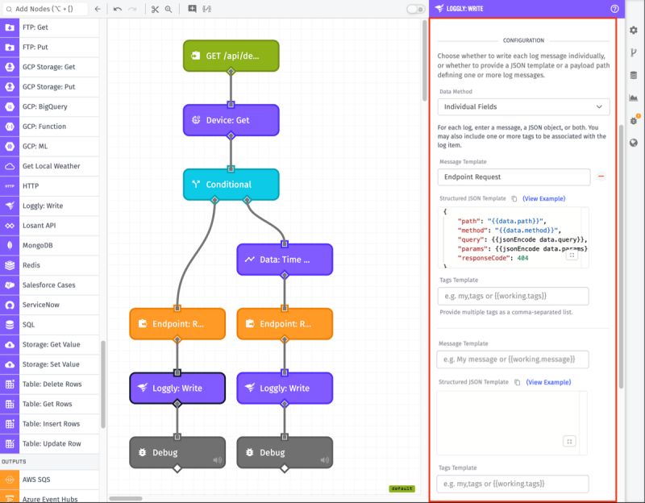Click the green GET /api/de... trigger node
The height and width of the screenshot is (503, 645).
(x=231, y=56)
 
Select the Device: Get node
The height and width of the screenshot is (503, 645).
(x=231, y=120)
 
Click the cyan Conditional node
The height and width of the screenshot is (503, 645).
(x=231, y=184)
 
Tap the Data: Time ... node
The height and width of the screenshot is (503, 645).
(x=284, y=260)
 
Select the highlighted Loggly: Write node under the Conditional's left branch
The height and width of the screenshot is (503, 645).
(x=177, y=388)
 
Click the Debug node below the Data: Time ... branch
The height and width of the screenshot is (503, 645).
(x=284, y=452)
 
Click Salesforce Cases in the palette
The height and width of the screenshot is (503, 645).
(x=50, y=285)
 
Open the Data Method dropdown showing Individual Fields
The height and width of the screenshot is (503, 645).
(x=523, y=106)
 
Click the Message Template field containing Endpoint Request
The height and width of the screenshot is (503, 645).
(x=514, y=177)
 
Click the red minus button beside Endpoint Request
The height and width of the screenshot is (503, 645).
(x=601, y=177)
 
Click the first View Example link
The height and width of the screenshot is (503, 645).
(x=543, y=198)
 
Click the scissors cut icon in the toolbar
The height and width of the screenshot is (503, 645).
(x=154, y=9)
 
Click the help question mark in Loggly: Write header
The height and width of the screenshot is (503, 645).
(x=615, y=8)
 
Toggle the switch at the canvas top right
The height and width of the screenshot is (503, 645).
(x=415, y=9)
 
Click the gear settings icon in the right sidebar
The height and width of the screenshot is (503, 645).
(x=634, y=30)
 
